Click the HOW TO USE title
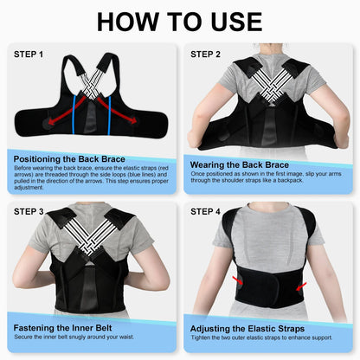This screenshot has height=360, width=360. point(180,22)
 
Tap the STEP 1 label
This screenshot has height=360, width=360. point(29,55)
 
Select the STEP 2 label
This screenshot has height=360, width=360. point(206,55)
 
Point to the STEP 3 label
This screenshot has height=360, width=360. point(29,210)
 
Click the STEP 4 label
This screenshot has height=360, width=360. point(206,210)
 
